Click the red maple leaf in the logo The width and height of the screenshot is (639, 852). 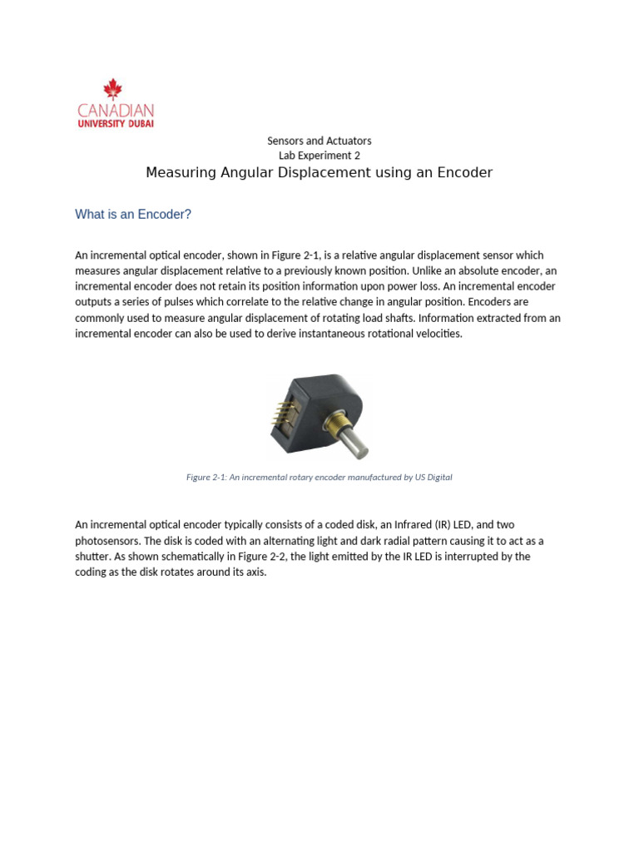(112, 89)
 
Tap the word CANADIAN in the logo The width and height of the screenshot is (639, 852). (115, 110)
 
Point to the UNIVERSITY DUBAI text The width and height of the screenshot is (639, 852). (115, 123)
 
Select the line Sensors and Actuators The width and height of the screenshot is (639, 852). (319, 141)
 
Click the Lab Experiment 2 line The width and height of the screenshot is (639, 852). (319, 156)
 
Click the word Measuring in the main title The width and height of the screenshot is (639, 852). (179, 173)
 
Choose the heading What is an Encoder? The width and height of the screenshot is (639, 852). (133, 215)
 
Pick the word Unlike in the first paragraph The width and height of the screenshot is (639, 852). (427, 270)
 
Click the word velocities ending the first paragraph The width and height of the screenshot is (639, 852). (436, 334)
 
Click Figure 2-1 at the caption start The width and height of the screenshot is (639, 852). (206, 478)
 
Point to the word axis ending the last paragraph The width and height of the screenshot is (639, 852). (255, 572)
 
